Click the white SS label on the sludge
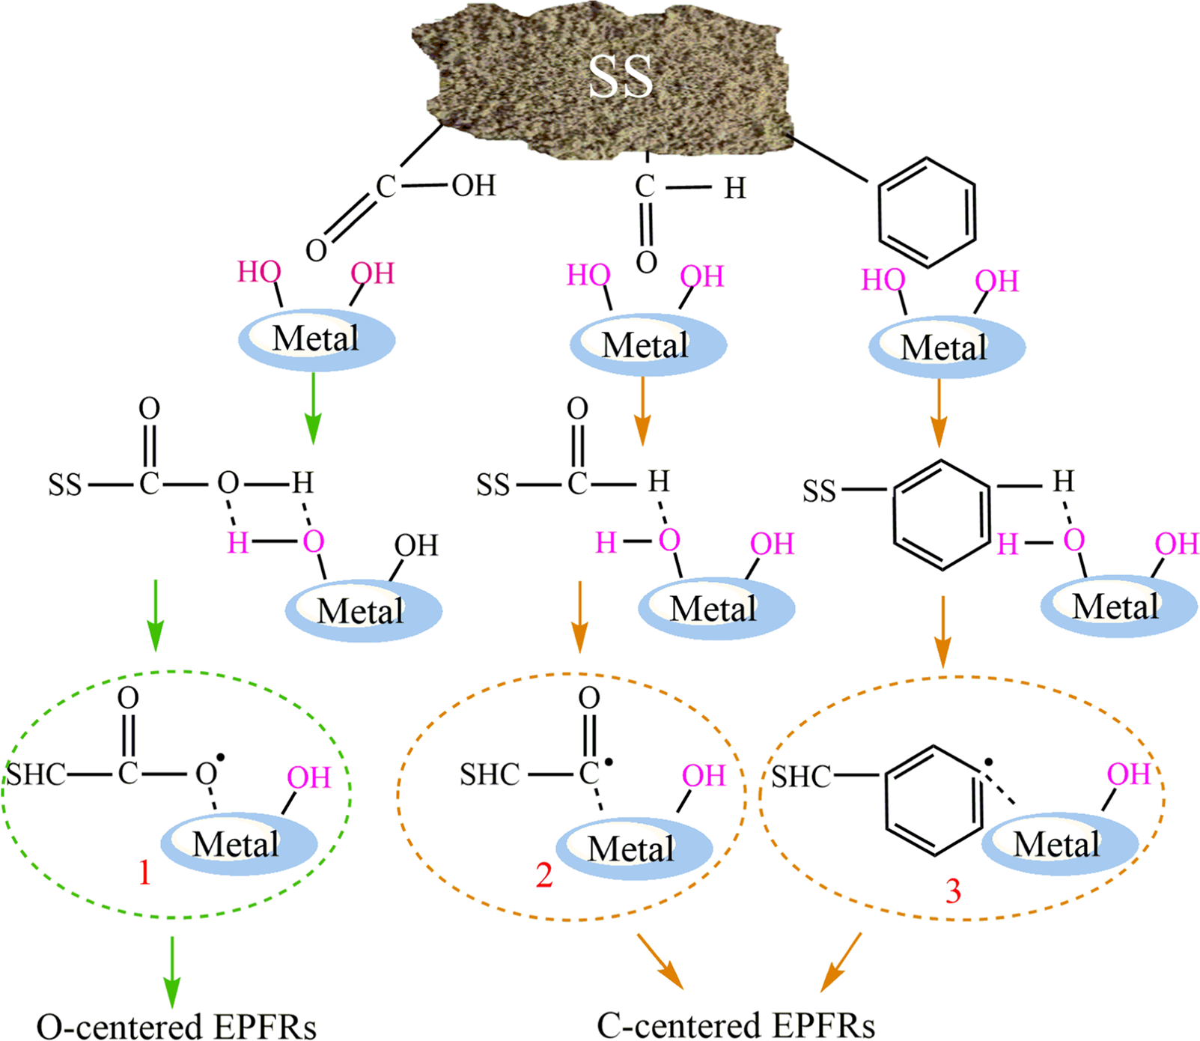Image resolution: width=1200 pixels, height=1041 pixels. click(x=621, y=76)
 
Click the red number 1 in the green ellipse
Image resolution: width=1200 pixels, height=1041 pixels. click(x=144, y=872)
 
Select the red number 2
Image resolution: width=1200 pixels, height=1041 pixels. click(x=544, y=875)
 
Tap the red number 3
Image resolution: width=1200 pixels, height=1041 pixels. click(x=952, y=891)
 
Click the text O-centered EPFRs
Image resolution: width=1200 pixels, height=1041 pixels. click(x=177, y=1026)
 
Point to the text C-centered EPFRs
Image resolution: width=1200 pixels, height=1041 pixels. click(x=736, y=1025)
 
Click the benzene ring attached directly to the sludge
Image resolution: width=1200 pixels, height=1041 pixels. click(x=927, y=212)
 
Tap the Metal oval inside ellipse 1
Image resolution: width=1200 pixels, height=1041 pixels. click(x=239, y=844)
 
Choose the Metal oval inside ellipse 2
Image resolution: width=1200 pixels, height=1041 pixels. click(x=633, y=849)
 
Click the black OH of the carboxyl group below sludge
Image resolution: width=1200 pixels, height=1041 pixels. click(x=474, y=185)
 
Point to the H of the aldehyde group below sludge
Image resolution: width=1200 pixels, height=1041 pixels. click(x=734, y=189)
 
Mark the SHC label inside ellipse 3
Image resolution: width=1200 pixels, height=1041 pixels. click(x=801, y=777)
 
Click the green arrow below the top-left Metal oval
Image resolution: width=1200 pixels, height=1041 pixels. click(x=313, y=408)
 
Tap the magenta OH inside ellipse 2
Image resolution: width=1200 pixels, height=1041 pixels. click(x=704, y=776)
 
